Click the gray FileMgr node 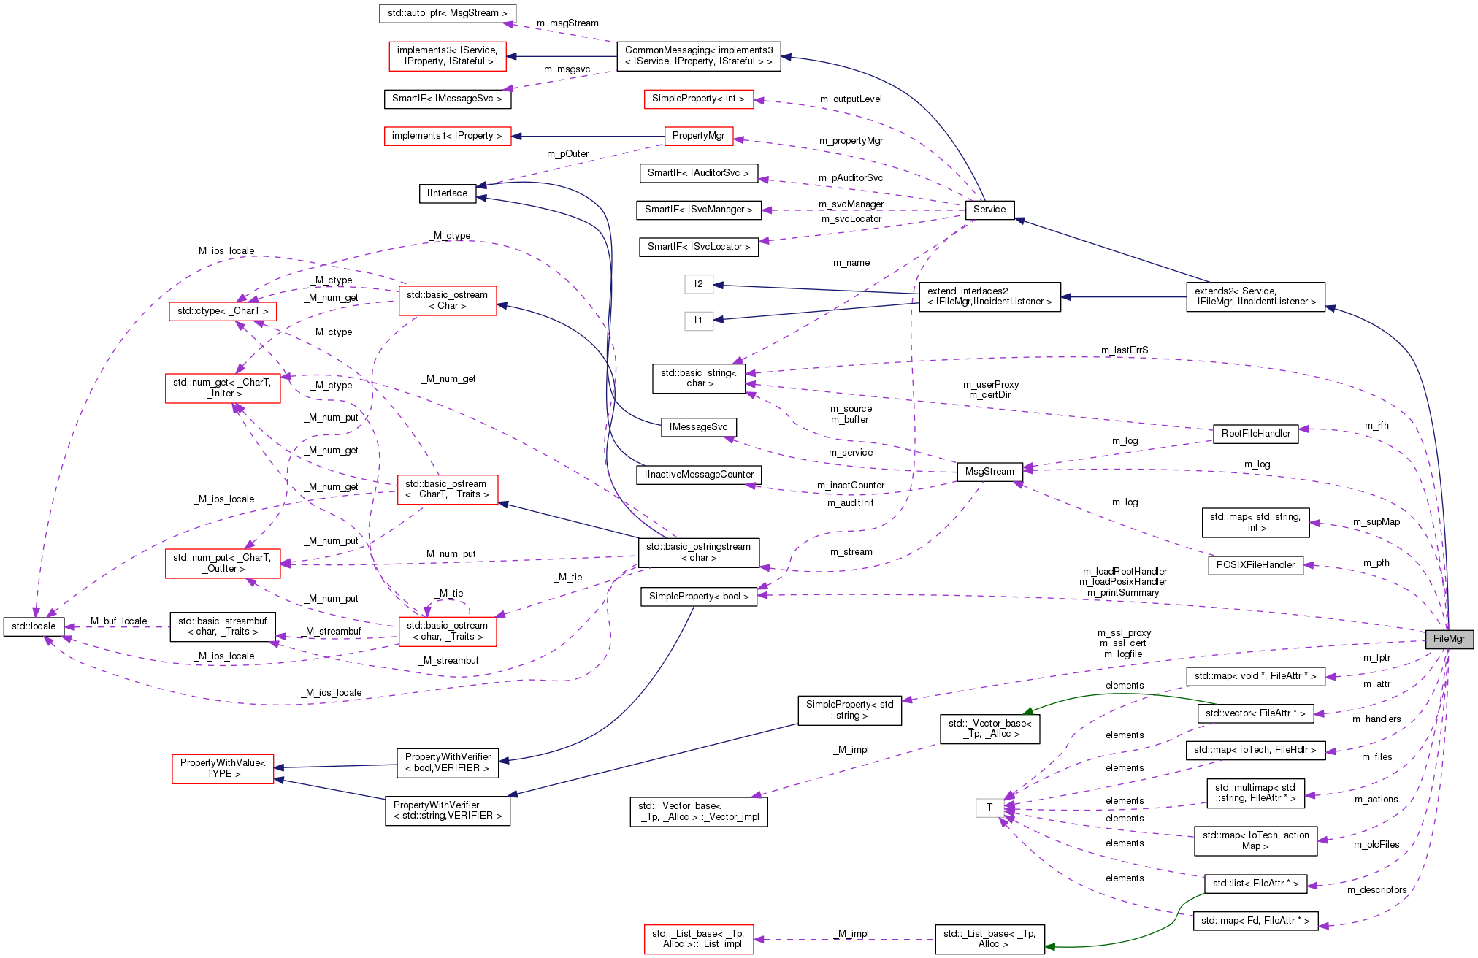[1449, 639]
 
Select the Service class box [989, 210]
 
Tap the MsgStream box [989, 472]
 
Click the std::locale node [34, 626]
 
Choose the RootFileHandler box [1255, 434]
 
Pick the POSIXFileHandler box [1255, 565]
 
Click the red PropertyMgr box [698, 136]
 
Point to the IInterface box [447, 193]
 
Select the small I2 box [698, 284]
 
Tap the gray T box [989, 808]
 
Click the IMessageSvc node [698, 427]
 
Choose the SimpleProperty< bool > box [698, 597]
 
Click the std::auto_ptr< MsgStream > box [447, 13]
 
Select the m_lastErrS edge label [1124, 350]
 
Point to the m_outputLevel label [850, 99]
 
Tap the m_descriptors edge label [1376, 890]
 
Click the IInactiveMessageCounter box [698, 475]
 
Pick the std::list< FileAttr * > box [1255, 884]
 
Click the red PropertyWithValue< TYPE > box [223, 768]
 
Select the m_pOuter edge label [567, 154]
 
